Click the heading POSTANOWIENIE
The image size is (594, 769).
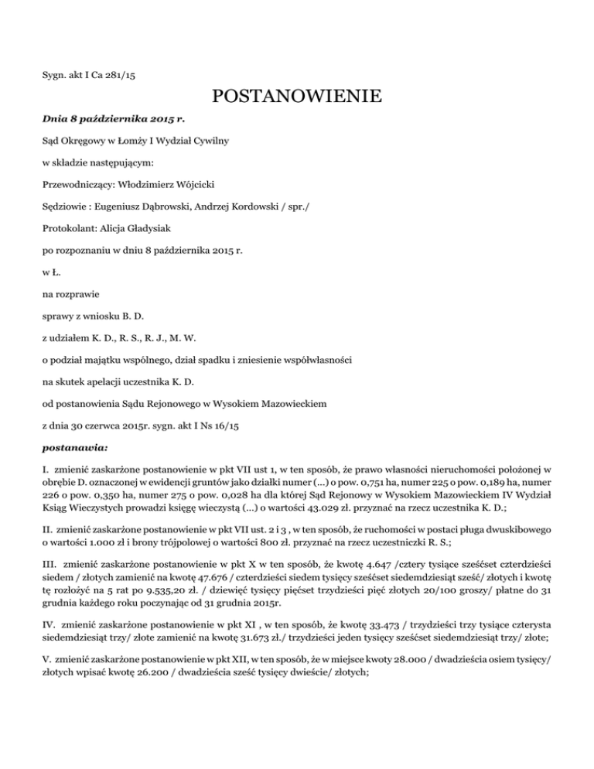296,97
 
